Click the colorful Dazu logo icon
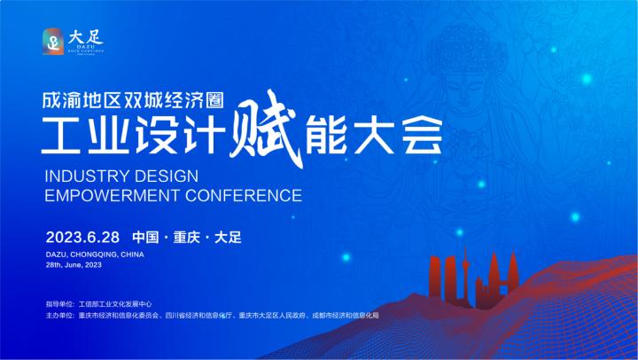tap(54, 41)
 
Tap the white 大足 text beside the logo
tap(86, 35)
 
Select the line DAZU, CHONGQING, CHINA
tap(95, 254)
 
